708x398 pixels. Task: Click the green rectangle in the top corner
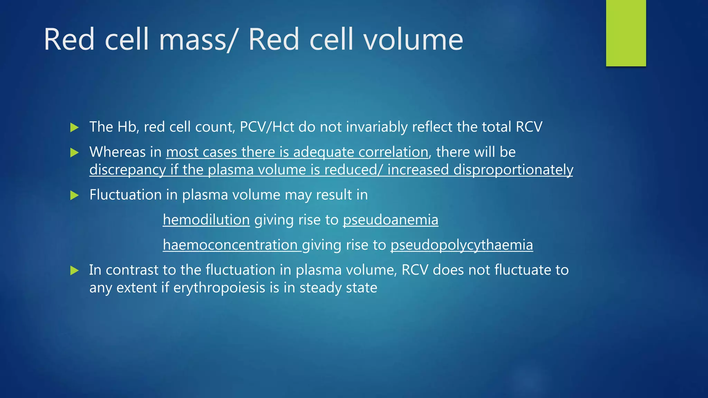click(x=626, y=33)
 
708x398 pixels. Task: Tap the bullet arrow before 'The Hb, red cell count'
click(x=74, y=127)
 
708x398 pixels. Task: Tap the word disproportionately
click(x=513, y=170)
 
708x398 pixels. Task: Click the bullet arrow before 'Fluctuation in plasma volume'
click(x=74, y=196)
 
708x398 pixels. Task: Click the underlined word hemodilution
click(x=206, y=220)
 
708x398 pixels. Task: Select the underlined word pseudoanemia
click(x=390, y=220)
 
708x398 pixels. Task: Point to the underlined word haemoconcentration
click(x=230, y=245)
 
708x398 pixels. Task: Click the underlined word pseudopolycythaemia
click(x=462, y=245)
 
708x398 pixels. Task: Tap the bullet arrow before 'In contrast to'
click(x=74, y=271)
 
